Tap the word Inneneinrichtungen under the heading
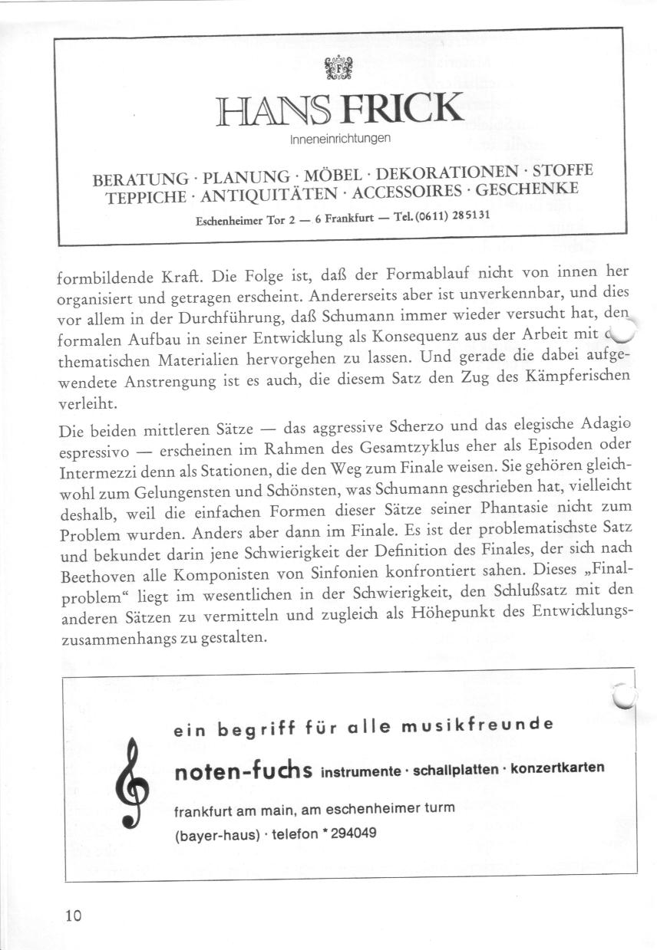click(341, 140)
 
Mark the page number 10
click(74, 915)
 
